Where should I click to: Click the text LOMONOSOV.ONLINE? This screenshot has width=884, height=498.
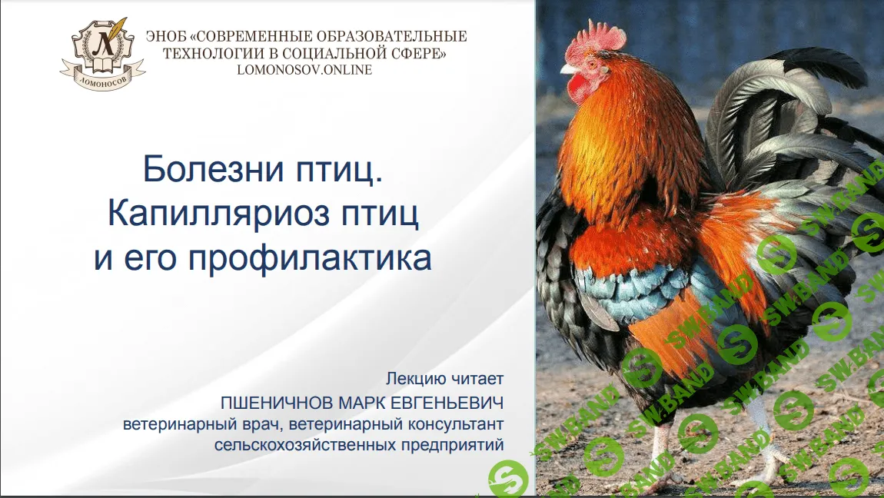[304, 70]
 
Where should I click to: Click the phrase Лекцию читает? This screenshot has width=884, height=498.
[445, 378]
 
